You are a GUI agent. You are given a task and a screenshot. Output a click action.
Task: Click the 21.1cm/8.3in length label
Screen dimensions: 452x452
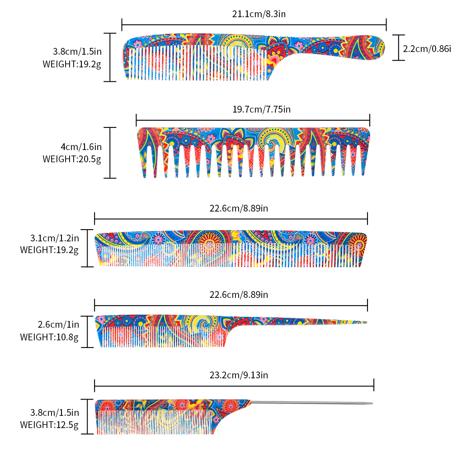click(259, 14)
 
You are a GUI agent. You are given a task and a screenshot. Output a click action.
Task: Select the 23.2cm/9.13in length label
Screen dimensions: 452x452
click(239, 375)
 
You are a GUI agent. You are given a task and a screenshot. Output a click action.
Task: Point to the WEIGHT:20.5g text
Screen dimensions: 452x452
click(72, 159)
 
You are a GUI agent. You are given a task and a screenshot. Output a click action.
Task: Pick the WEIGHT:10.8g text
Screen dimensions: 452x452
click(49, 337)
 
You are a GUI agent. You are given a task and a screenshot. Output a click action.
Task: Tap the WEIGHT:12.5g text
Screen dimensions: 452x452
click(49, 424)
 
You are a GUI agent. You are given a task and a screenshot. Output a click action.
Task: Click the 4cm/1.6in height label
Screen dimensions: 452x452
click(81, 147)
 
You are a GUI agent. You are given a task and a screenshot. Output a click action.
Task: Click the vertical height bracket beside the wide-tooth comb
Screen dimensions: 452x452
click(110, 153)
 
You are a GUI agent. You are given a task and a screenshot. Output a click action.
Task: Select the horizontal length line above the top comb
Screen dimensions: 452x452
click(254, 25)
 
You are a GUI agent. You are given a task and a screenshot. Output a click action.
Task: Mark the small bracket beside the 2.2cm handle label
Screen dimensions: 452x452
click(398, 47)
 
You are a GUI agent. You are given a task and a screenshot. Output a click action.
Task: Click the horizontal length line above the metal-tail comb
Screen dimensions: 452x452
click(234, 385)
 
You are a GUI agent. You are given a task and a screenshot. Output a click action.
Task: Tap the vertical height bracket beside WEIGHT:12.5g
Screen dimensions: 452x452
click(87, 416)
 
